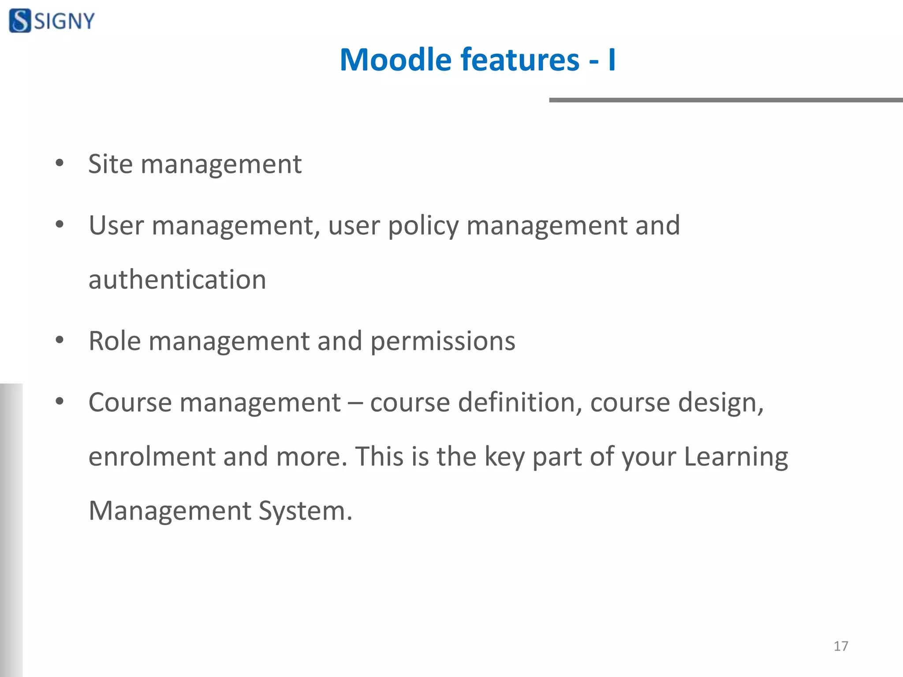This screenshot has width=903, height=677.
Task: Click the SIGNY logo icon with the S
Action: (20, 21)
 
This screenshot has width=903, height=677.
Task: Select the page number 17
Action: (840, 646)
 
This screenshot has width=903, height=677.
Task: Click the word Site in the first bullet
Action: (110, 164)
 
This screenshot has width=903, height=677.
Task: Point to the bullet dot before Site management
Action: (60, 164)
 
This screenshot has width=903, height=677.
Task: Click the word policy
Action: (423, 226)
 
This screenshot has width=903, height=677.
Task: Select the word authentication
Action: (177, 279)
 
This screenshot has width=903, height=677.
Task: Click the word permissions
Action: (442, 342)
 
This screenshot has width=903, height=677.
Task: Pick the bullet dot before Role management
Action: (60, 340)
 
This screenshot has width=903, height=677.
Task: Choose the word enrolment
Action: (152, 456)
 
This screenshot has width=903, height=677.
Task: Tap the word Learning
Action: (735, 457)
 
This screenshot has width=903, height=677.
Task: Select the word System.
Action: (305, 511)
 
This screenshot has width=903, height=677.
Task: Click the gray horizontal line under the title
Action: (725, 100)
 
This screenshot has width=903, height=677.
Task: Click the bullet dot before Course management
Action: (60, 401)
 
